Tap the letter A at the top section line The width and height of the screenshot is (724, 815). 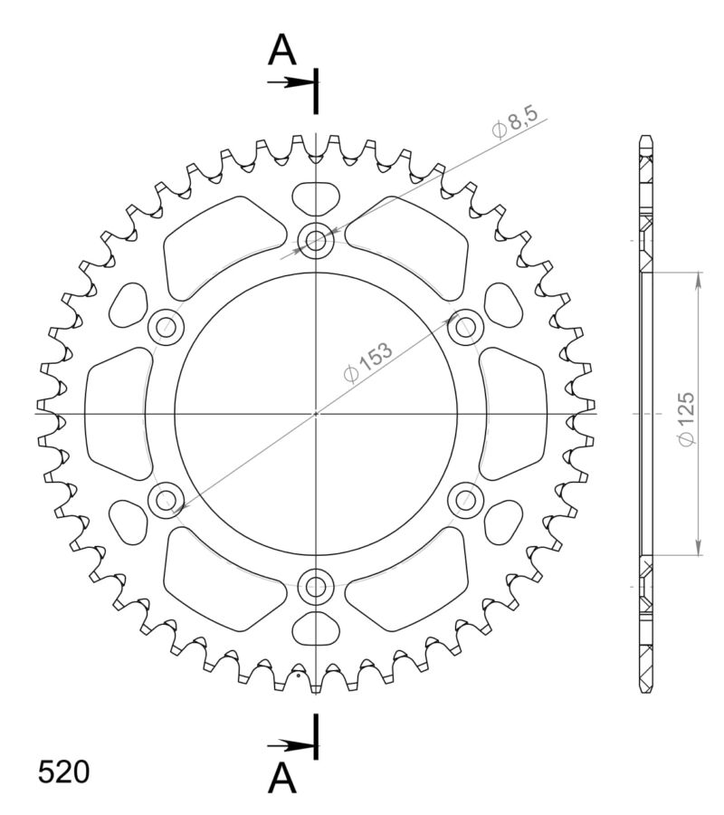(x=282, y=52)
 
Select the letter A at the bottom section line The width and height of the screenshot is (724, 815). (x=282, y=776)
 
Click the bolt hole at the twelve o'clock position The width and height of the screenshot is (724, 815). (x=316, y=240)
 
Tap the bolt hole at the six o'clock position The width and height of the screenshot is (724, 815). (x=316, y=587)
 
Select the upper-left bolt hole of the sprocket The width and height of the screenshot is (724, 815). (x=166, y=326)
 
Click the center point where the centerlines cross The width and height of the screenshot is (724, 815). (x=316, y=413)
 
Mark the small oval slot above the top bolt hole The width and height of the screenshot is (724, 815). (x=316, y=196)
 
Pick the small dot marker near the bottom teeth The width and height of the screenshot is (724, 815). (x=298, y=674)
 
